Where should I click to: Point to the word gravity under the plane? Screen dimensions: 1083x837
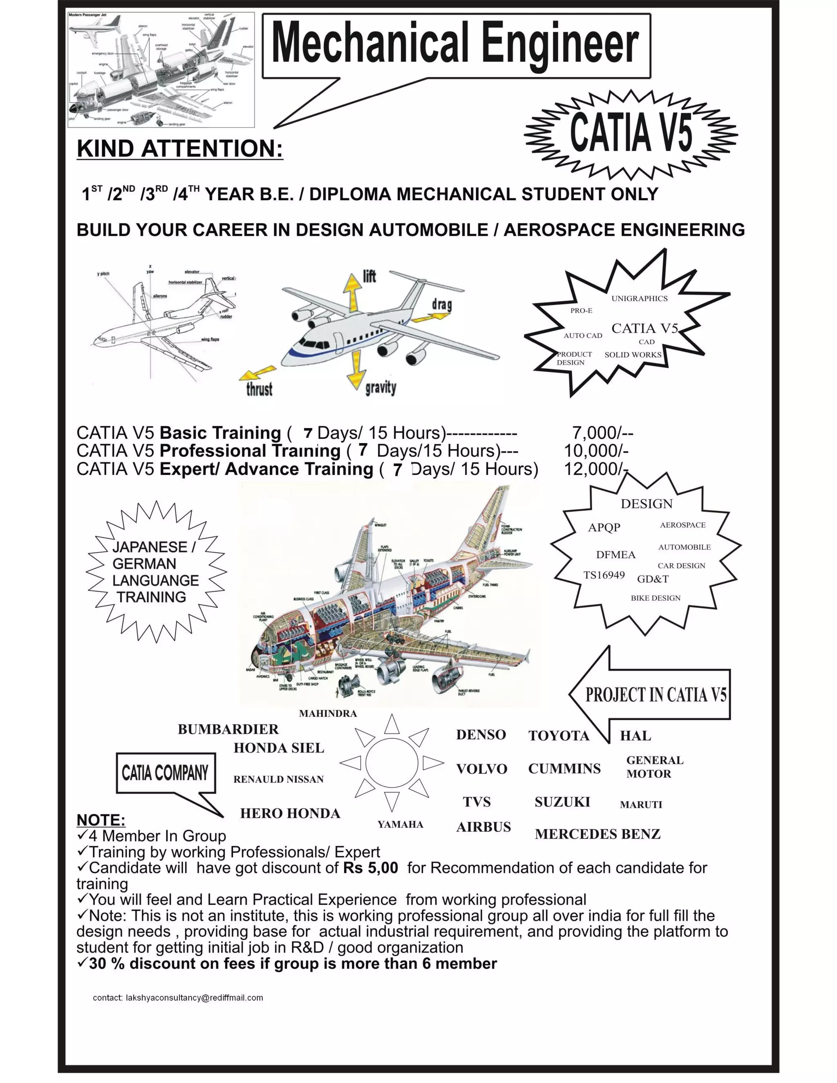[380, 387]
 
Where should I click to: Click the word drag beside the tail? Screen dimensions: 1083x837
[441, 304]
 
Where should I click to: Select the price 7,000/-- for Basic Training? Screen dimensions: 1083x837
[602, 433]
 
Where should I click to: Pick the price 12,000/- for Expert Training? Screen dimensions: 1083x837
[595, 469]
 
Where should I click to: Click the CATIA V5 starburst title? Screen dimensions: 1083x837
[630, 133]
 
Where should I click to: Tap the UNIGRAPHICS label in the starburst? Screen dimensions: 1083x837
[639, 298]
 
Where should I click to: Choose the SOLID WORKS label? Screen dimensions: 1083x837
[633, 355]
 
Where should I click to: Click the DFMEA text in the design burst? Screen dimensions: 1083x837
[615, 555]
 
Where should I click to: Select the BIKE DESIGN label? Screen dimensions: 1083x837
[655, 598]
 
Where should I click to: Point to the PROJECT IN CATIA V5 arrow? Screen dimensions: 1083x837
[655, 695]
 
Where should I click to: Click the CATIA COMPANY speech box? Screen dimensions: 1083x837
[165, 773]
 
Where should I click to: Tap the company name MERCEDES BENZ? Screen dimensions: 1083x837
[598, 834]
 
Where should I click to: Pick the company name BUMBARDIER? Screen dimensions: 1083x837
[228, 729]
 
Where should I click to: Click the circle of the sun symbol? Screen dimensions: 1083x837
[392, 763]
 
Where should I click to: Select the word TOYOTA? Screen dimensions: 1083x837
[558, 736]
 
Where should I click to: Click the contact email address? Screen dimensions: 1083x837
[195, 998]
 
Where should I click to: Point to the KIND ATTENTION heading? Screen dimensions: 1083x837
[179, 149]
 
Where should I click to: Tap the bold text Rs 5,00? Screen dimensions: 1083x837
[370, 867]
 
